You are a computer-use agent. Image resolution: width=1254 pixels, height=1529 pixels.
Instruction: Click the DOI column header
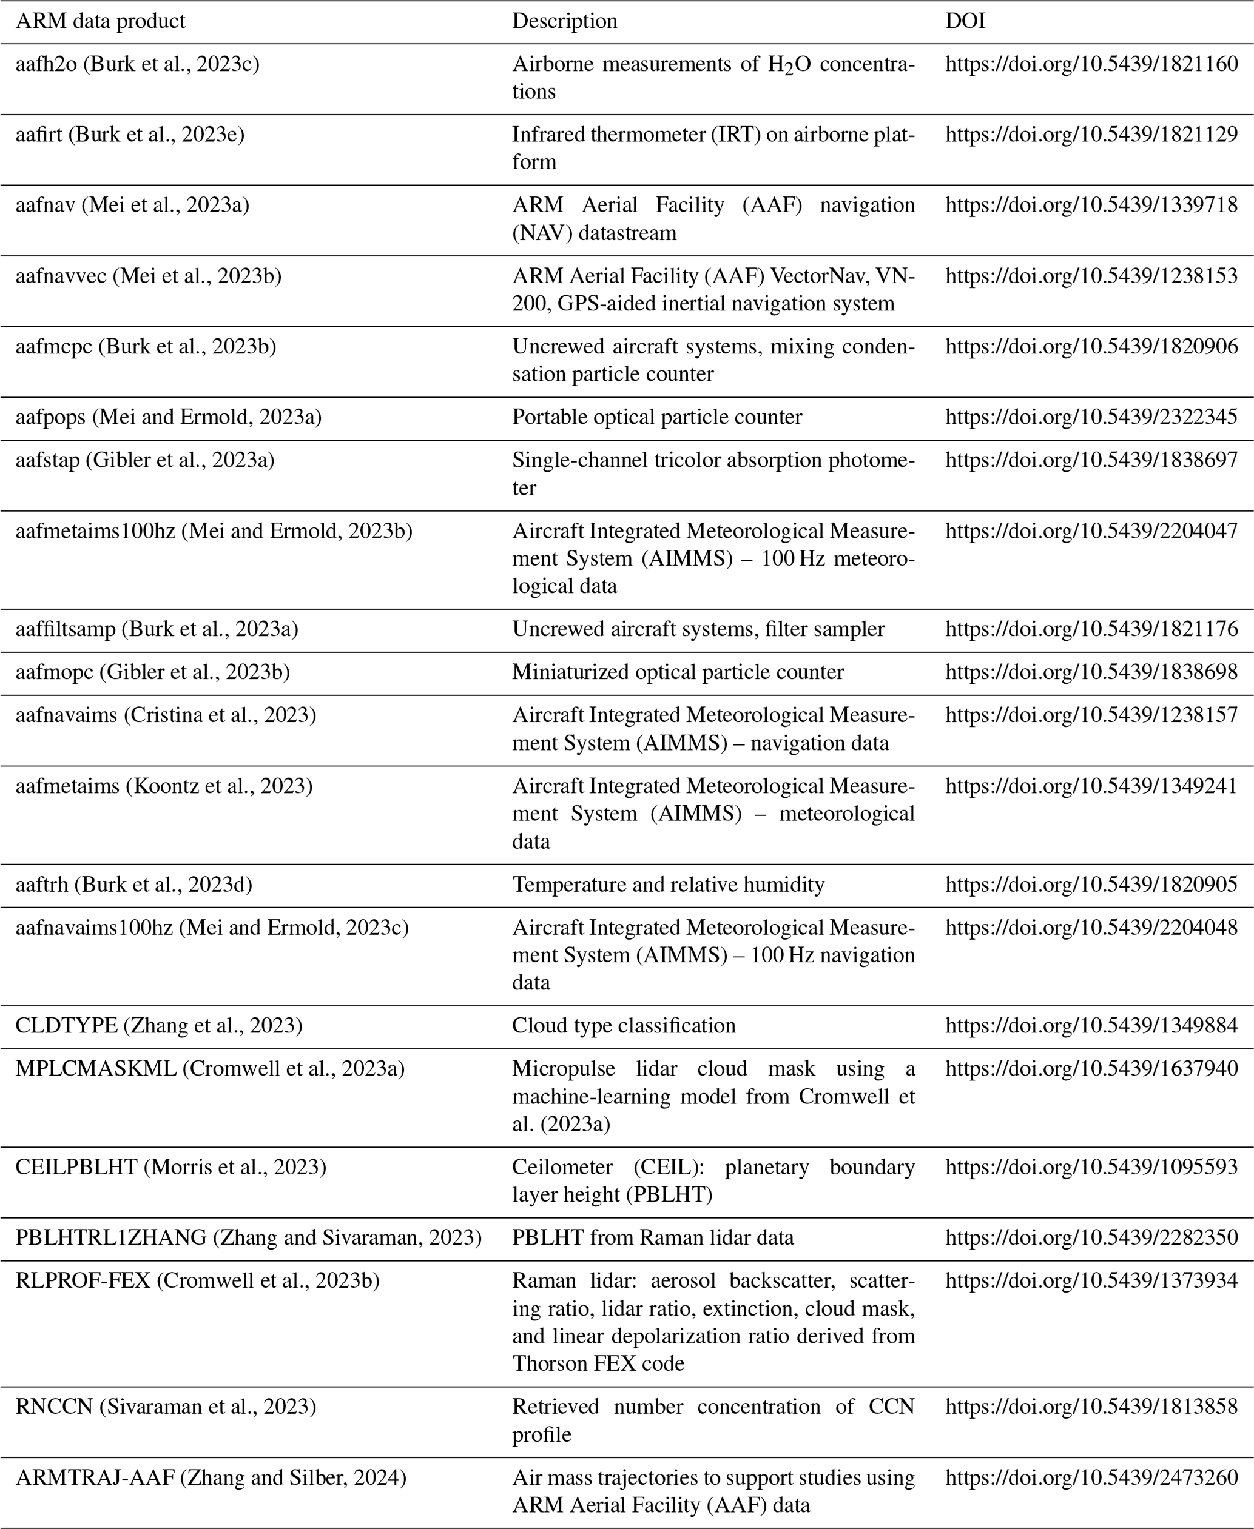pos(965,21)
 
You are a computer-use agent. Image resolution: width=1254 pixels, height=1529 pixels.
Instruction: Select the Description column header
pos(564,21)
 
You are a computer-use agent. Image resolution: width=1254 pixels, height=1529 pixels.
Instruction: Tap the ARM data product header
pos(101,21)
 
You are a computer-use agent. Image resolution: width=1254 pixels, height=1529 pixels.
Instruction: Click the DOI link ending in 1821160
pos(1091,64)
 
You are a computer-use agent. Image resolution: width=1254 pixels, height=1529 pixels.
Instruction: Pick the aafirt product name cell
pos(130,134)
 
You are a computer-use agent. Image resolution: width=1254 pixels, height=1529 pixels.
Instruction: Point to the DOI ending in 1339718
pos(1091,205)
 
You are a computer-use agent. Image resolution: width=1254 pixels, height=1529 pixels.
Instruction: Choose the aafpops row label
pos(168,417)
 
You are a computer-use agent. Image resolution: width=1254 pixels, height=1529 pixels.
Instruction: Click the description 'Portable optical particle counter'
pos(656,417)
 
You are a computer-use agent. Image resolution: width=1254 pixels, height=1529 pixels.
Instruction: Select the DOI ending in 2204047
pos(1091,530)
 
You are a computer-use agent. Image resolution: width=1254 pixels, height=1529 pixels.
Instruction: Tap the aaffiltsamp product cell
pos(157,629)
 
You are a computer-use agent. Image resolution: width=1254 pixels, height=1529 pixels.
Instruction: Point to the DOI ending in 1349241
pos(1091,786)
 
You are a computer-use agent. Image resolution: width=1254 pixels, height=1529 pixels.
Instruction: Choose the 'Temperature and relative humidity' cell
pos(668,885)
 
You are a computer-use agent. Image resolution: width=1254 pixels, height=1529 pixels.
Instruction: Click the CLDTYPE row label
pos(159,1025)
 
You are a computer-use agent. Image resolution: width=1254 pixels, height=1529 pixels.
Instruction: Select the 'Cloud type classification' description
pos(624,1025)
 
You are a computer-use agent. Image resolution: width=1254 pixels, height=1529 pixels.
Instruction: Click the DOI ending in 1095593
pos(1091,1166)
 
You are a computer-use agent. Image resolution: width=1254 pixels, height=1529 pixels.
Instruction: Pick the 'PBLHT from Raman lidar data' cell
pos(652,1237)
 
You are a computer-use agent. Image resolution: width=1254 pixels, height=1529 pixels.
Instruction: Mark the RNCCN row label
pos(166,1407)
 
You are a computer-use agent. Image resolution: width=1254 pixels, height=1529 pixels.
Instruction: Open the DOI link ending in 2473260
pos(1091,1477)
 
